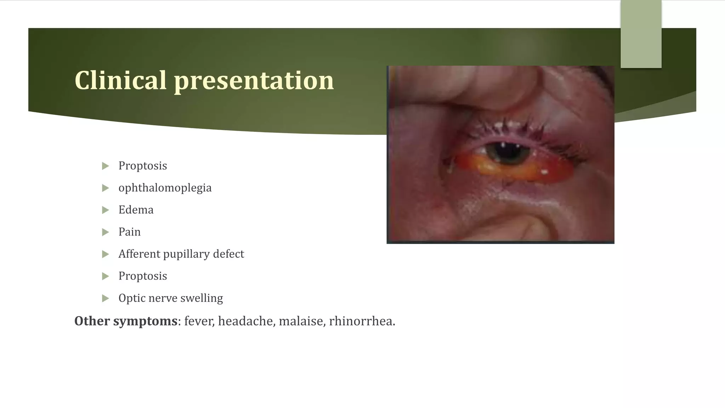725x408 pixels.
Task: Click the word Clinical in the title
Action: pos(120,80)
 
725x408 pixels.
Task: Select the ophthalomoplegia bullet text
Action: pos(165,188)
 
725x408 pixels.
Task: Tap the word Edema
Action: pos(136,210)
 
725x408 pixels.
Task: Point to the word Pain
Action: pos(130,232)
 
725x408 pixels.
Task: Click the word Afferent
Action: pos(139,254)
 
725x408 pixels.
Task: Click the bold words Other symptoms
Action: pos(126,321)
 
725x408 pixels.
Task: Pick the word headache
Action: pos(246,321)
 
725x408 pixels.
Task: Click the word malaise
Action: pos(302,321)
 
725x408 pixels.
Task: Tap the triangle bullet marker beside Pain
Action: pos(105,232)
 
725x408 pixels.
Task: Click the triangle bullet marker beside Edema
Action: pos(105,210)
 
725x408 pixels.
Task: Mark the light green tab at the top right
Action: pos(641,34)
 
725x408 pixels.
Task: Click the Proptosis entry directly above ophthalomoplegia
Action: pos(143,166)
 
